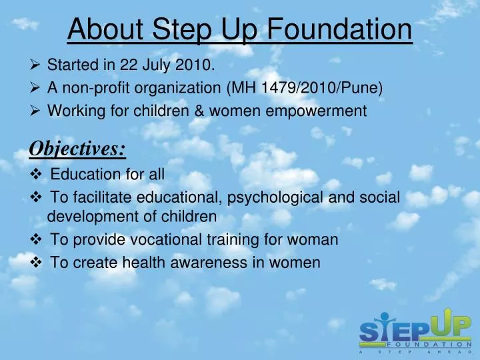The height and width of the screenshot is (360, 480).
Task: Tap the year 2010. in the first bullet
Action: (197, 65)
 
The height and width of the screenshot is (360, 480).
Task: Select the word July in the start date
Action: (157, 65)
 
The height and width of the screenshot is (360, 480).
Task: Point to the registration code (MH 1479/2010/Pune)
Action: (305, 88)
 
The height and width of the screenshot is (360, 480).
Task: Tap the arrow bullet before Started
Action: (37, 65)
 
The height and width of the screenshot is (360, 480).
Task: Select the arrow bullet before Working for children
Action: (37, 111)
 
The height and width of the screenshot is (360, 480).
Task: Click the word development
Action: (89, 217)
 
